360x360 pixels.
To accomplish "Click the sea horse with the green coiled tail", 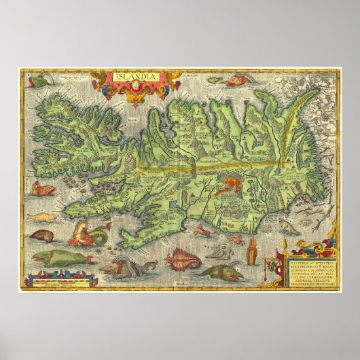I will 88,234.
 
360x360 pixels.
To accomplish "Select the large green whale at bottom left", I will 61,257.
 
